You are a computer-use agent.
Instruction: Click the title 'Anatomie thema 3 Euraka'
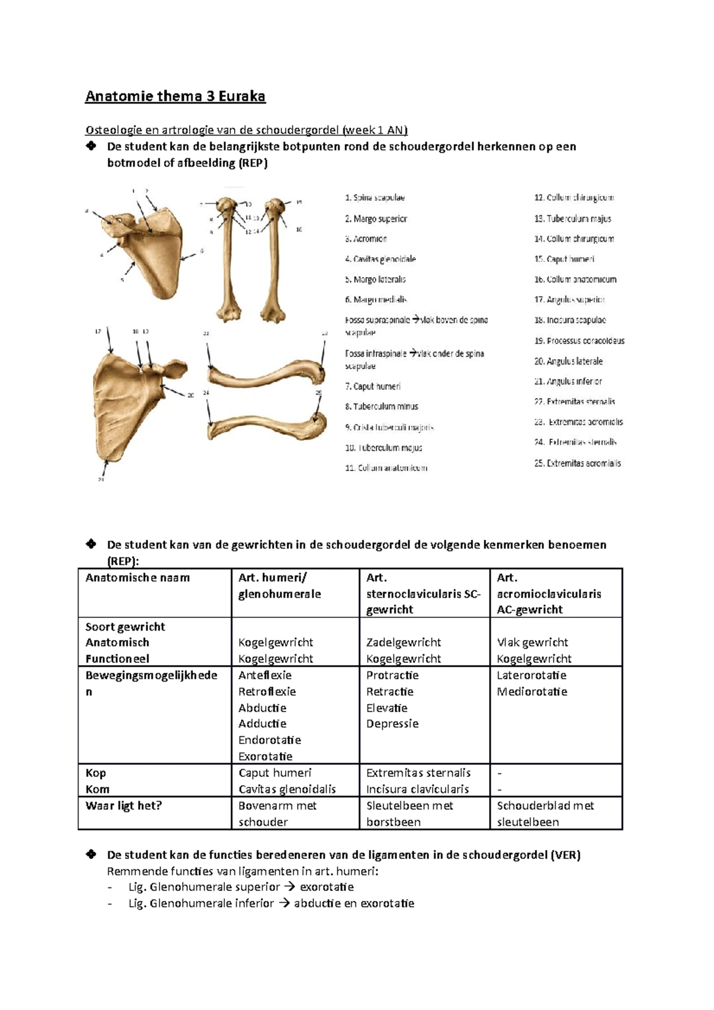pos(175,96)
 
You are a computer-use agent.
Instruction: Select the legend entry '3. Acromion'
pos(366,239)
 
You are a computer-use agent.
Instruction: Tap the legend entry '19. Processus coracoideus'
pos(580,341)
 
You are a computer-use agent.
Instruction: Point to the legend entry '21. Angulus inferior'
pos(568,381)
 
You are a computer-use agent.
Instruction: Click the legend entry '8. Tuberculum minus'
pos(381,407)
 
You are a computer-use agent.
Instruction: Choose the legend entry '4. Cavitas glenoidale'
pos(380,259)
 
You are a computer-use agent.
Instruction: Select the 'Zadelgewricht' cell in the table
pos(403,642)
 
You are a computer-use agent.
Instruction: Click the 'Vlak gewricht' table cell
pos(532,642)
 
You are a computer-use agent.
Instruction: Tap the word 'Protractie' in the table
pos(392,675)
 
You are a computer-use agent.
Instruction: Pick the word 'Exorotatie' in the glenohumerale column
pos(265,757)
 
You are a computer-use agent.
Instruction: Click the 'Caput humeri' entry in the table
pos(275,773)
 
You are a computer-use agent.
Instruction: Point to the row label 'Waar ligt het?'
pos(124,805)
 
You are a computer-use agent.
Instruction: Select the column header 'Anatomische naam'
pos(137,578)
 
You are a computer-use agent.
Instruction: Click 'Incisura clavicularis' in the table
pos(417,789)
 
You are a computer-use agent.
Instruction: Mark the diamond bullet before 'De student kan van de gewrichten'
pos(91,544)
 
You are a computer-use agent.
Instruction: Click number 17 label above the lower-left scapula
pos(98,331)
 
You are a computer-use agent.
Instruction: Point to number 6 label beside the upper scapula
pos(202,251)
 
